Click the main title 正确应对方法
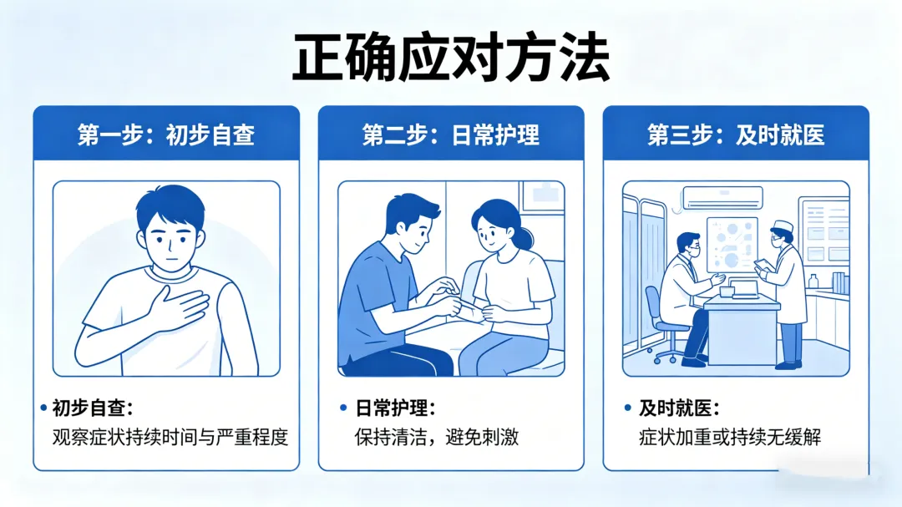pos(451,58)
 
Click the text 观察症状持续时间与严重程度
pos(170,438)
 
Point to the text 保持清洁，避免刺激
pos(437,438)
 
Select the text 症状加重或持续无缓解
pos(729,438)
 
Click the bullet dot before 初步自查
pos(43,408)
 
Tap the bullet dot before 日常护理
pos(343,408)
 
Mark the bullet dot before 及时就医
pos(627,408)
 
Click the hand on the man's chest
pos(179,308)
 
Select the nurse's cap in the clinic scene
pos(783,226)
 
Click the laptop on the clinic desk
pos(745,290)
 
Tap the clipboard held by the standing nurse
pos(763,266)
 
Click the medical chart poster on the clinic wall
pos(732,245)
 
